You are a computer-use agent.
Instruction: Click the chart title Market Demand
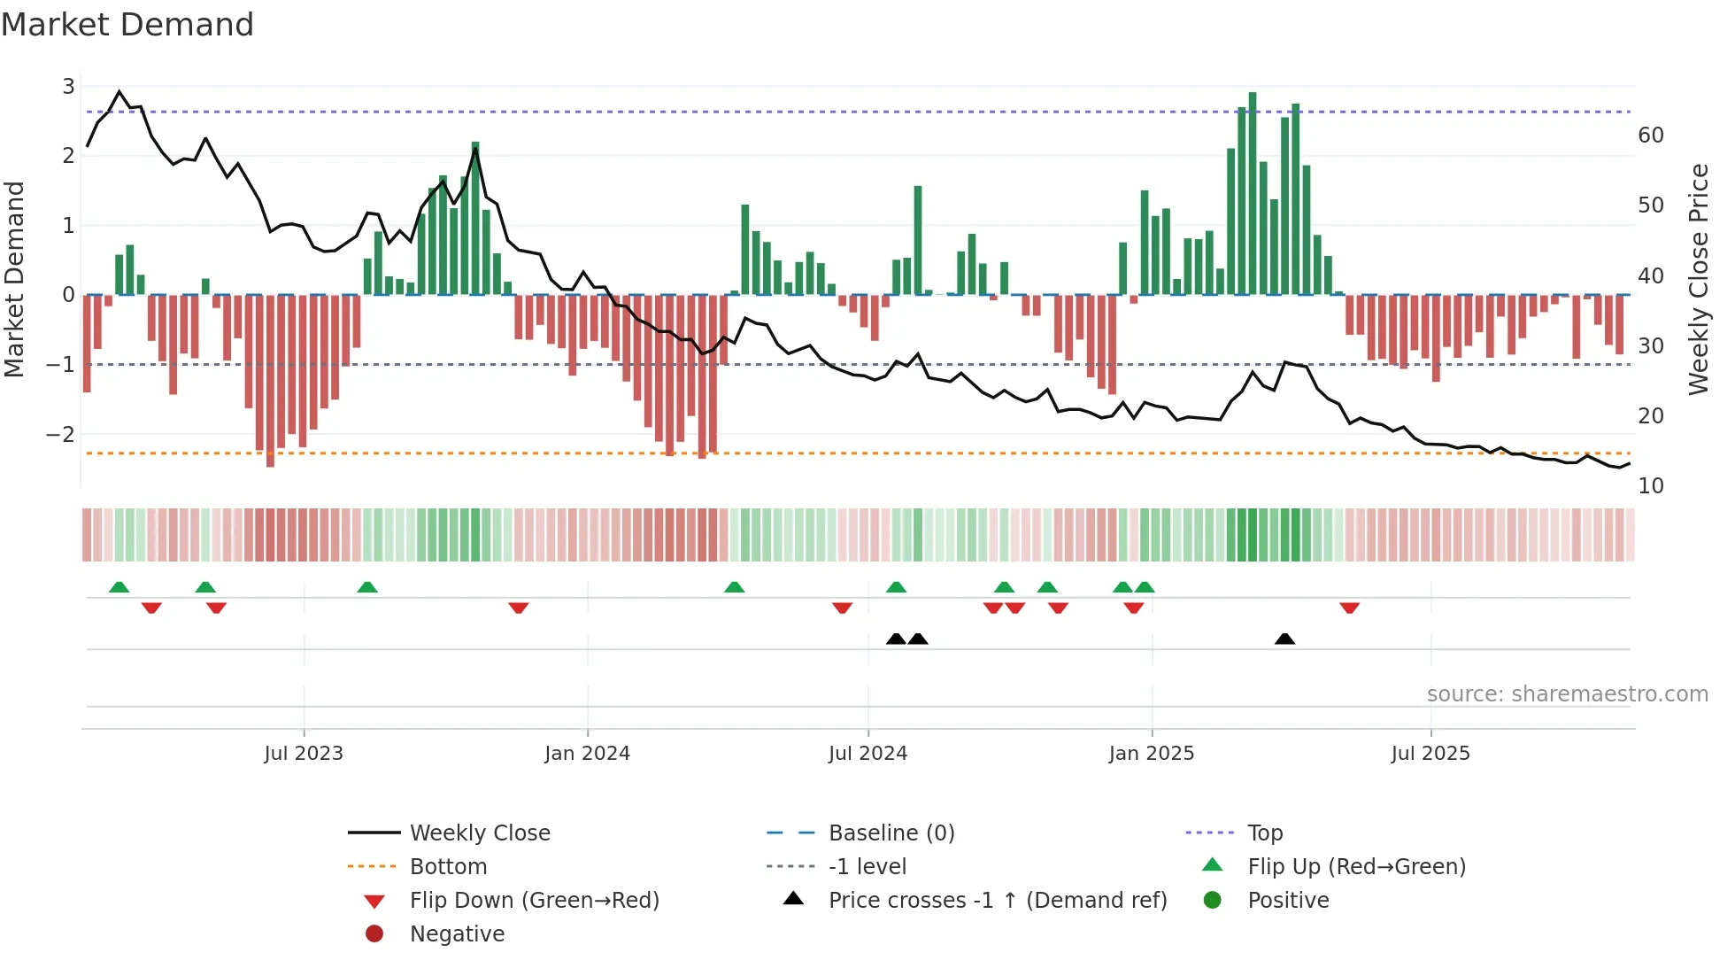127,25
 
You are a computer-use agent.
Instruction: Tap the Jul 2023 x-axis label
304,754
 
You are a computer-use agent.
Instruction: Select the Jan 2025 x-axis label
1151,754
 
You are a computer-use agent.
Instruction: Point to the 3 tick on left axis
68,87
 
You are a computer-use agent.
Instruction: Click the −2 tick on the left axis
61,434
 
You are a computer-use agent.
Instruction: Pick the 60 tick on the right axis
1650,136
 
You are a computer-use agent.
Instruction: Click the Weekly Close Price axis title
1698,279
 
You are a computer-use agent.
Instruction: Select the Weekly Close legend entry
479,833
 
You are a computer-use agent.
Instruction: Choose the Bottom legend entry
448,867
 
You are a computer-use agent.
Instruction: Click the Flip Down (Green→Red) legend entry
534,901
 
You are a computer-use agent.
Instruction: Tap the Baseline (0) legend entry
891,833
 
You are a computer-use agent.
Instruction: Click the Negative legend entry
457,934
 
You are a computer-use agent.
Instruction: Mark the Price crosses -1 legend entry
997,901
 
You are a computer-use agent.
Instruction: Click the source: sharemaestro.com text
1567,694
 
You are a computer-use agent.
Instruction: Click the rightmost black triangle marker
1284,639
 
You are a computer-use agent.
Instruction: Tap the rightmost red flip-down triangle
1349,608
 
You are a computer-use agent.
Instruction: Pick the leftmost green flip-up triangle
119,587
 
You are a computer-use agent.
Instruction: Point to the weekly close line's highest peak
120,91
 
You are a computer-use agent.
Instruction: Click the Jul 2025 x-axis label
1430,754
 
